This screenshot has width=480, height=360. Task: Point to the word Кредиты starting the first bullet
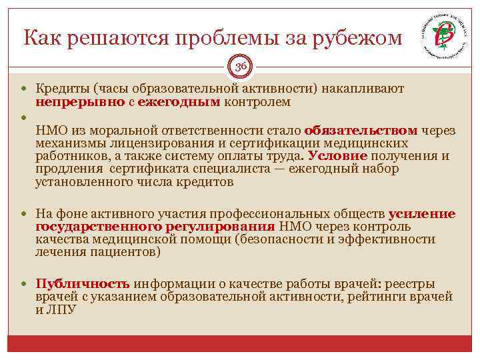[63, 89]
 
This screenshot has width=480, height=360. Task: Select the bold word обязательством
[361, 131]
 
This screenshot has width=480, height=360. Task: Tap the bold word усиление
[422, 214]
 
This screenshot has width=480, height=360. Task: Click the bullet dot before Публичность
[27, 283]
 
